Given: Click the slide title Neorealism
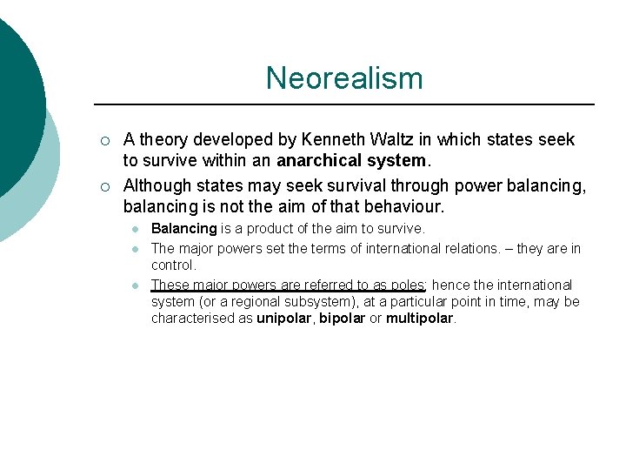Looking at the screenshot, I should (x=344, y=78).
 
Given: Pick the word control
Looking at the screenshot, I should (x=173, y=265).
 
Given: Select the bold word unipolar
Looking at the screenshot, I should (x=285, y=318).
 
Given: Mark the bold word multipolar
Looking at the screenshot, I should (x=419, y=318).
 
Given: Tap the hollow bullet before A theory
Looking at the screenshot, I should (x=104, y=141).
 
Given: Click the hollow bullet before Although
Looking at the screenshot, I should (x=104, y=186).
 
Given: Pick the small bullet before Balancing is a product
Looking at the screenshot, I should (x=136, y=230).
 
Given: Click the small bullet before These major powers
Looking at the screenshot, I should (x=136, y=285).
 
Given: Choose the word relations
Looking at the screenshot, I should (x=477, y=249).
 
